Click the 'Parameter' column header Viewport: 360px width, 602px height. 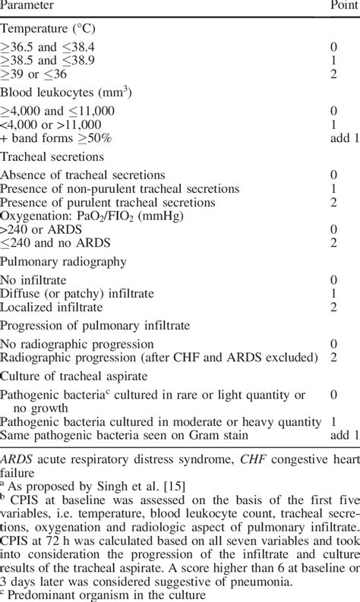click(31, 6)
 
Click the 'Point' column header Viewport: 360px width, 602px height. click(343, 6)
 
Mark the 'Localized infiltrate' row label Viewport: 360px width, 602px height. click(51, 307)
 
